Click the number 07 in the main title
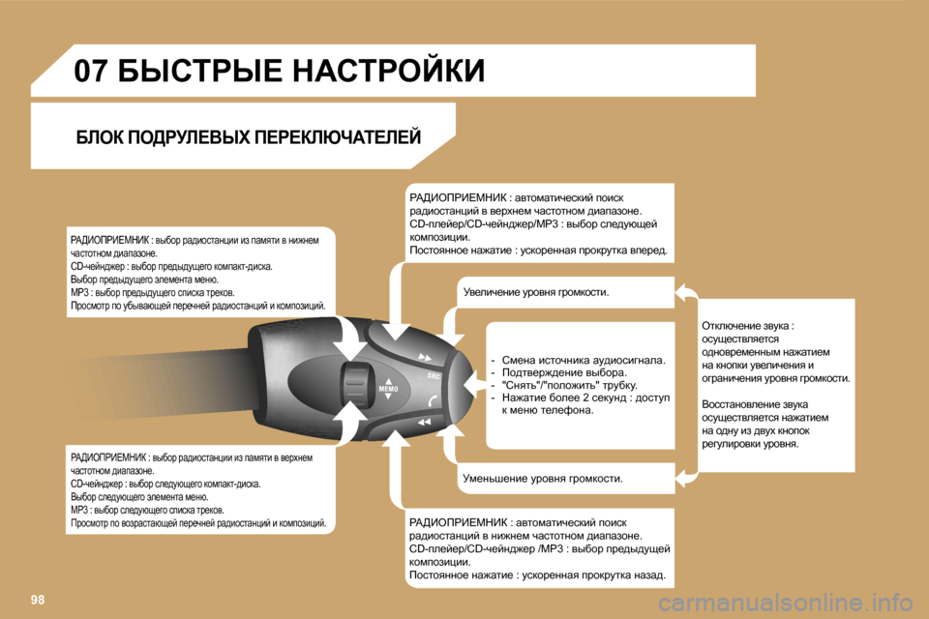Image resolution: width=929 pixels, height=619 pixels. (91, 71)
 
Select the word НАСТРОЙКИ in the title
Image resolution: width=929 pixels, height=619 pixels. (389, 70)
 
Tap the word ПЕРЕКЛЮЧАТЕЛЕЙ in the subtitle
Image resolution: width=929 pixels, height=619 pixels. (337, 136)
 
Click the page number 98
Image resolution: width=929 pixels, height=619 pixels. (38, 600)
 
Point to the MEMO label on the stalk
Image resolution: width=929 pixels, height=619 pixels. (388, 389)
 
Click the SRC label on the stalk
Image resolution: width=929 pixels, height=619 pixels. (434, 376)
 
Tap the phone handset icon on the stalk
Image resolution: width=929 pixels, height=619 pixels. (434, 401)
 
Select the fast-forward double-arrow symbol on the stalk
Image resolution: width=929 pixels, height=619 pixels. (425, 357)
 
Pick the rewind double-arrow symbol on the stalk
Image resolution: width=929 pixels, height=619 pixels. (424, 422)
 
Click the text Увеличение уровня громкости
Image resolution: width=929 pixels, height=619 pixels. (536, 292)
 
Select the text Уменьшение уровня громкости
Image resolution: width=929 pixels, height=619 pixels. (543, 478)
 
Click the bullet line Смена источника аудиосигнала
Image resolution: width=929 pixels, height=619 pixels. (584, 360)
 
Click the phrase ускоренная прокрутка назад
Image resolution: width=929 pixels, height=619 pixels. (594, 575)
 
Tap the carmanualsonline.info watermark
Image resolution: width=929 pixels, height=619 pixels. (785, 604)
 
